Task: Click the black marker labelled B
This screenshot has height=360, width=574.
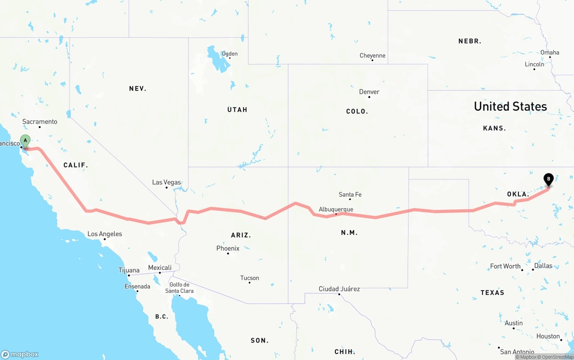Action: pos(548,180)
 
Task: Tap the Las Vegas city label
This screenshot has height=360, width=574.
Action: pos(166,182)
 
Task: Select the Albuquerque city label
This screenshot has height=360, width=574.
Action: pos(336,209)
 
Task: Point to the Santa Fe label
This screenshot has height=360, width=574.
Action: pos(350,195)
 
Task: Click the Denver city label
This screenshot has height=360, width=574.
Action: pos(369,92)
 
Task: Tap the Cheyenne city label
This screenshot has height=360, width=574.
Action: pos(372,56)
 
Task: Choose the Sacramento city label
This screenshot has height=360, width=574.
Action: pos(40,121)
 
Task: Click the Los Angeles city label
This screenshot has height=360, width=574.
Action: pos(104,234)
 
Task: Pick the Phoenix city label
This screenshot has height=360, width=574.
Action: pos(228,248)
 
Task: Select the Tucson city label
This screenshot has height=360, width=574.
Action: pos(250,278)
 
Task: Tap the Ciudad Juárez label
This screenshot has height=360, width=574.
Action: pos(339,289)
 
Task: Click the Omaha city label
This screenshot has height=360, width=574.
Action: pos(550,52)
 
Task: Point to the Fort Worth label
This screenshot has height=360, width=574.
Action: pos(505,266)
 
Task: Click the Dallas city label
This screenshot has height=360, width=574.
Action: pos(543,265)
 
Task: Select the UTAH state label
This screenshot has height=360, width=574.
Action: pos(237,110)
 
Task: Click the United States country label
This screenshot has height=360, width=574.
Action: pos(510,106)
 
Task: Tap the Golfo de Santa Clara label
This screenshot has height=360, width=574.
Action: pos(179,288)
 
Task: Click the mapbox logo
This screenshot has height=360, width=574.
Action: pos(20,354)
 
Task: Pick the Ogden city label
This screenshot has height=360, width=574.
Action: pos(230,54)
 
